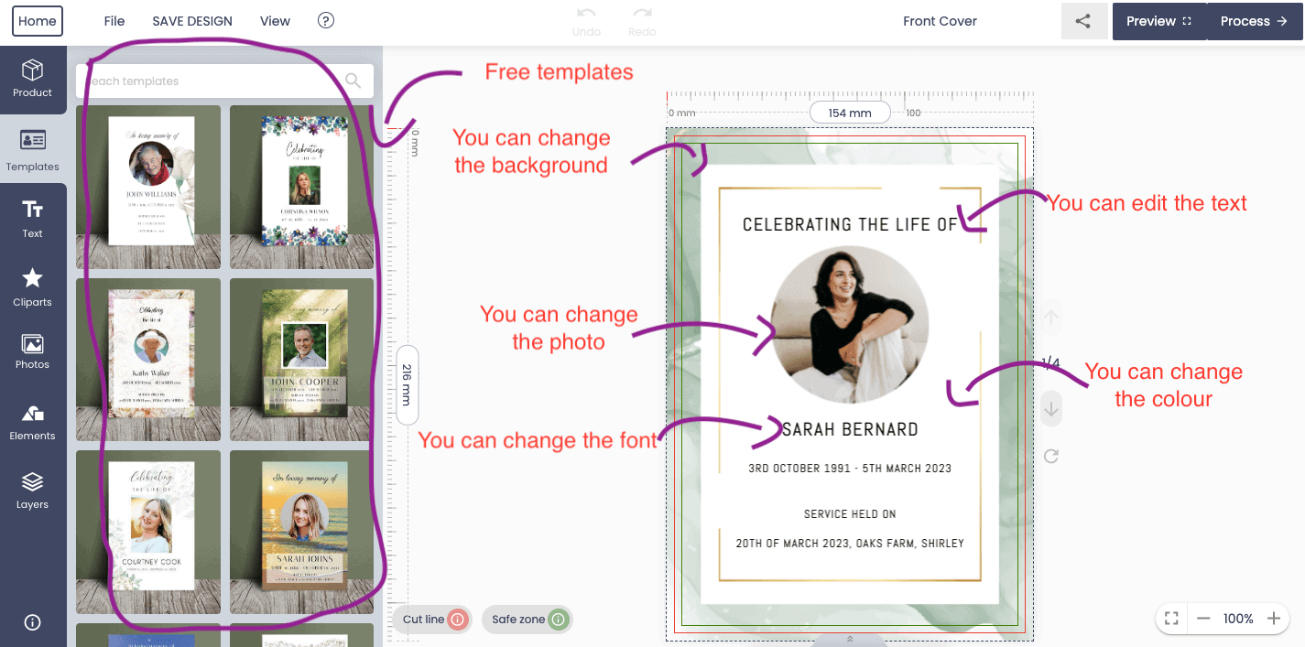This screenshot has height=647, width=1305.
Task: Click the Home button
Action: pyautogui.click(x=37, y=21)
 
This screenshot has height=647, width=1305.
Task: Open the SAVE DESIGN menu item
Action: pyautogui.click(x=192, y=21)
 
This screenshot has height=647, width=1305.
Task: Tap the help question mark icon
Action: pyautogui.click(x=325, y=20)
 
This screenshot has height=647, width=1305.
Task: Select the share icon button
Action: pyautogui.click(x=1083, y=21)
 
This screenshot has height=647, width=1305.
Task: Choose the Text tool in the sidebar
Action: pyautogui.click(x=33, y=219)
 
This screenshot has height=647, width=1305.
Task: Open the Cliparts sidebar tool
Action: pyautogui.click(x=33, y=286)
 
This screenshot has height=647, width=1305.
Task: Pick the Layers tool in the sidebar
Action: pyautogui.click(x=33, y=490)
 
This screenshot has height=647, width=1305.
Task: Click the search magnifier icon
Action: pyautogui.click(x=353, y=81)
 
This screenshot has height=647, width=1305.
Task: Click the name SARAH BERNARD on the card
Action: pyautogui.click(x=850, y=429)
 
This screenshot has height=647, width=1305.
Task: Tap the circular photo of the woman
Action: pyautogui.click(x=850, y=324)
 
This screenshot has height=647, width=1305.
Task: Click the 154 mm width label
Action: pyautogui.click(x=850, y=113)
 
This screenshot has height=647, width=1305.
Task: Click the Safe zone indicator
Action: pyautogui.click(x=527, y=620)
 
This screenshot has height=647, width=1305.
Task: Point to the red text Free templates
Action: pyautogui.click(x=559, y=71)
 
